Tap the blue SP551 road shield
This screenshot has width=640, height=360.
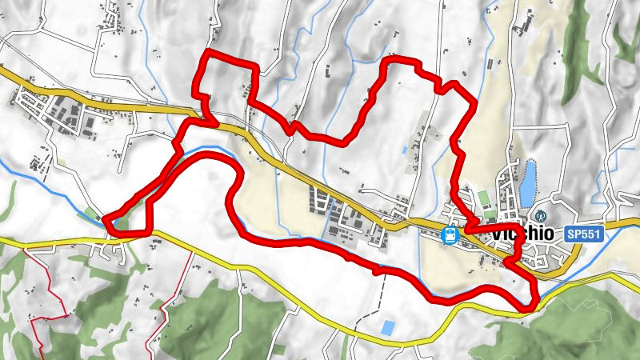582,234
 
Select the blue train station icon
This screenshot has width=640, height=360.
450,234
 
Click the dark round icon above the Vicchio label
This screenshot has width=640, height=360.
542,216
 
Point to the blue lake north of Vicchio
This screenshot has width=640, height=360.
528,182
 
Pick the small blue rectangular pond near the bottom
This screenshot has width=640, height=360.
388,327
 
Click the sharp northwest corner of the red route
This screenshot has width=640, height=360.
208,53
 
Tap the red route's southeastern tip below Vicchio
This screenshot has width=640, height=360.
529,306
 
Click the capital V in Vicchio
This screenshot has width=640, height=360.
499,234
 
